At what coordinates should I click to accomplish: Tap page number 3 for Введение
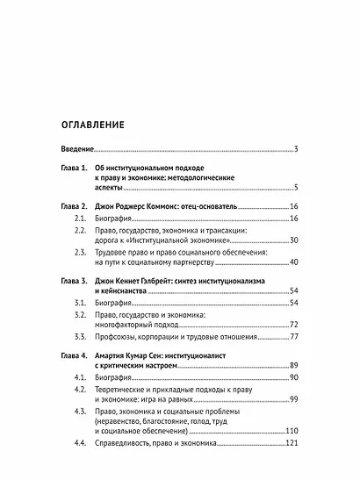pyautogui.click(x=297, y=149)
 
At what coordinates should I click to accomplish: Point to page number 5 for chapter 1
pyautogui.click(x=297, y=188)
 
